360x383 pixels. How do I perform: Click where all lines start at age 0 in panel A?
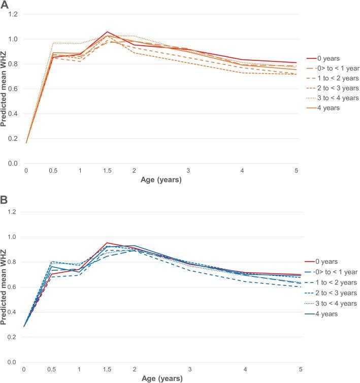pyautogui.click(x=25, y=143)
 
